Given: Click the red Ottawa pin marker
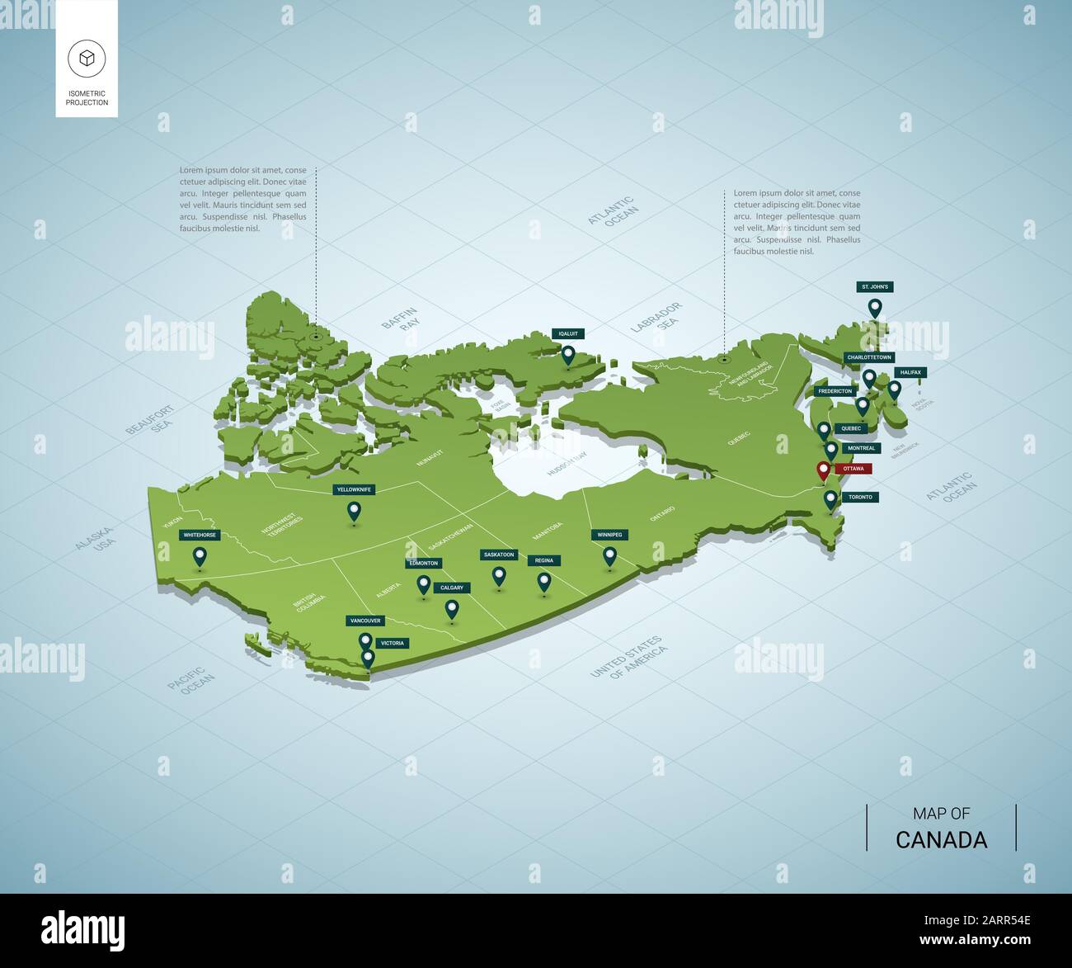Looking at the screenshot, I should click(822, 471).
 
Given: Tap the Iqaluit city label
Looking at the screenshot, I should click(568, 333).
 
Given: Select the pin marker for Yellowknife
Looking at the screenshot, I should click(354, 511).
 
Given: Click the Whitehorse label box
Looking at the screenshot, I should click(200, 535).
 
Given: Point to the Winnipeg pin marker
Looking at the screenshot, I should click(609, 556).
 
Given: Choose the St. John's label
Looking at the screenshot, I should click(875, 287).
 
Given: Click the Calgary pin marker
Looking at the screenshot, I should click(452, 609).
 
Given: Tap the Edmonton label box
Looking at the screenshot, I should click(423, 563).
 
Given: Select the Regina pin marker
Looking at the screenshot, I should click(543, 582).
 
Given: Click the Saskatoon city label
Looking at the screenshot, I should click(499, 555).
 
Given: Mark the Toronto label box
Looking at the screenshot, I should click(860, 497).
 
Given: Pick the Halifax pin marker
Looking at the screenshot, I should click(894, 389).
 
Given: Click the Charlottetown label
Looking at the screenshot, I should click(868, 357).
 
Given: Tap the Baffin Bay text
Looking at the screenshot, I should click(401, 319).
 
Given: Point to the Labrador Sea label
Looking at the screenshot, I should click(657, 318).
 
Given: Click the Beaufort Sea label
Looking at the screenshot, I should click(150, 420).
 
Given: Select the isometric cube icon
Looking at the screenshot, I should click(87, 58).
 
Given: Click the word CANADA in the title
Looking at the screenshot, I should click(941, 840).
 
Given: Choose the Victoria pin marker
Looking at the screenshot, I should click(368, 659).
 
